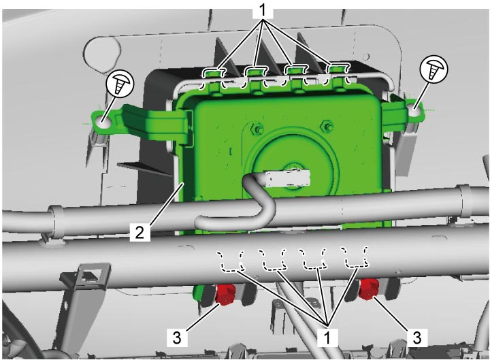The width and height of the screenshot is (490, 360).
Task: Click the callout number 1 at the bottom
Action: click(327, 338)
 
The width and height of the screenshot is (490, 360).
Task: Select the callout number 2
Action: click(140, 233)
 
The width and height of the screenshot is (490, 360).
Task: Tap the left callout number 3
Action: click(177, 338)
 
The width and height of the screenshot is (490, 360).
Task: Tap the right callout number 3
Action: click(417, 338)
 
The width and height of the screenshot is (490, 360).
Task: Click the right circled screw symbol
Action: click(434, 69)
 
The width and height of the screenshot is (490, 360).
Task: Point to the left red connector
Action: click(225, 294)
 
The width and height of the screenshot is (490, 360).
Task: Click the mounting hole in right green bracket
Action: click(415, 111)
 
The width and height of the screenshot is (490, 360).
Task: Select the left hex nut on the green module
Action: click(257, 129)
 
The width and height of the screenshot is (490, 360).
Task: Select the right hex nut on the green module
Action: click(327, 127)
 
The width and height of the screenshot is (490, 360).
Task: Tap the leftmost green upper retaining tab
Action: click(214, 78)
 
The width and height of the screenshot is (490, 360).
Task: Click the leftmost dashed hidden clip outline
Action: click(231, 260)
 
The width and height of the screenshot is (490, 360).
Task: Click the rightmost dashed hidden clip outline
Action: click(355, 257)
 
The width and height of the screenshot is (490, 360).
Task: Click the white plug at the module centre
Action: click(287, 179)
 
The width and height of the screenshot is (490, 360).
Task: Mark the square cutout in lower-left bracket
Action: click(90, 274)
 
